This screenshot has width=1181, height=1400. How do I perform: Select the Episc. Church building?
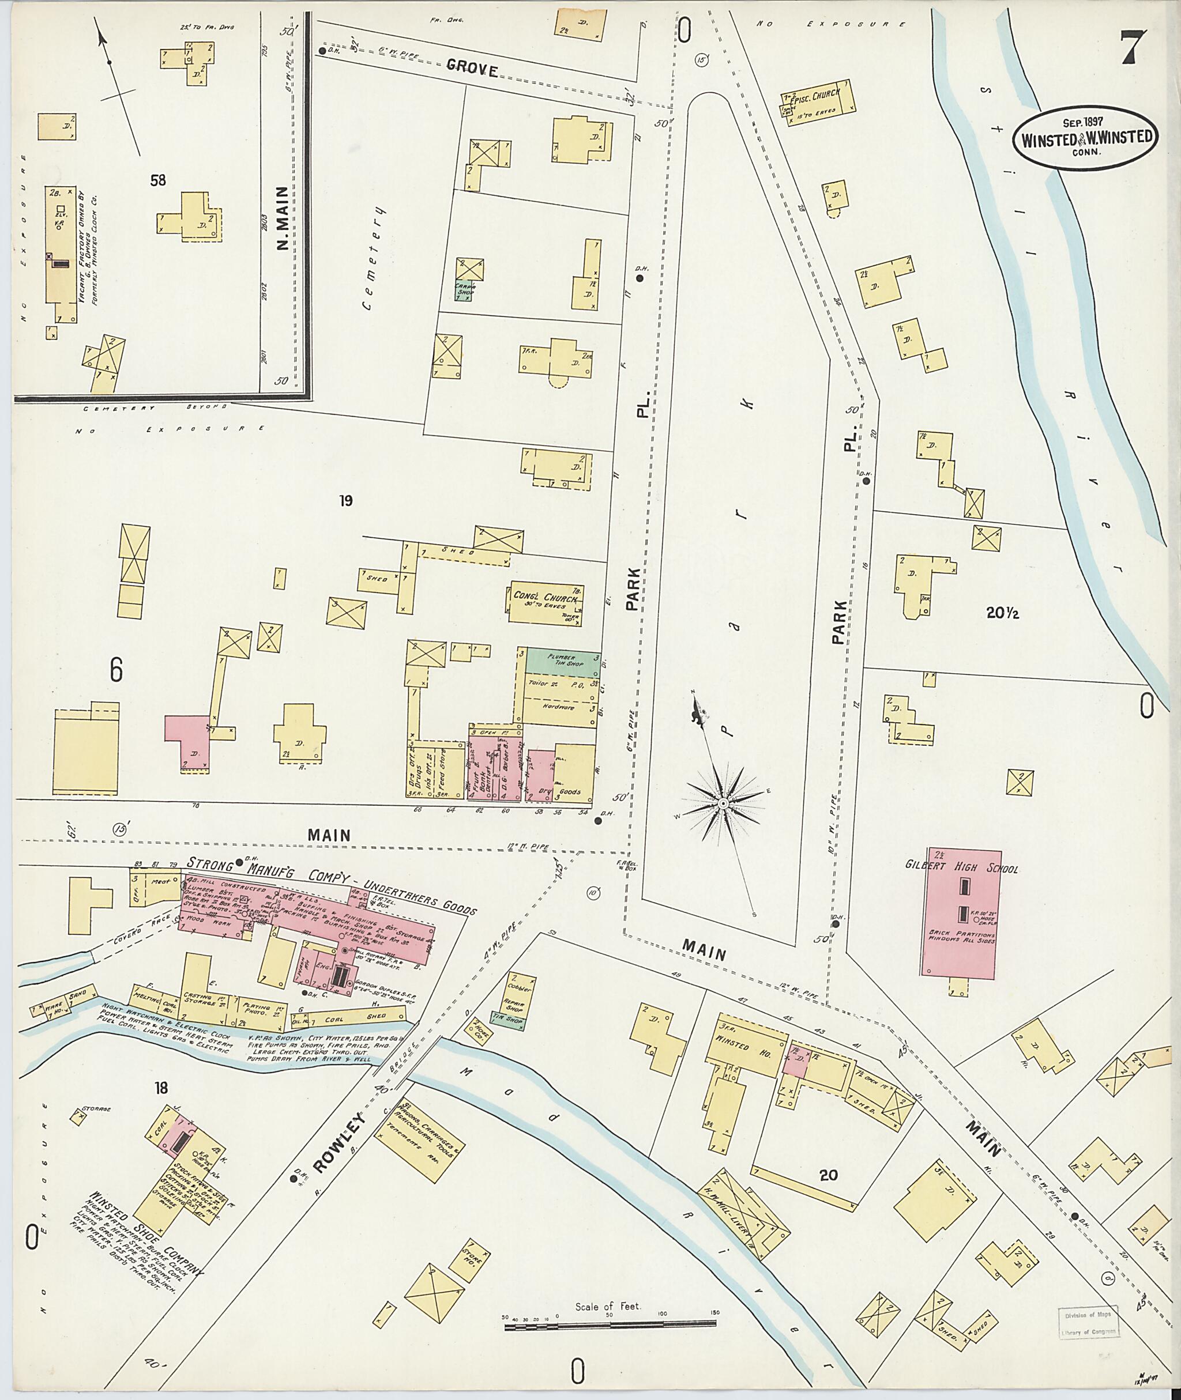pos(818,101)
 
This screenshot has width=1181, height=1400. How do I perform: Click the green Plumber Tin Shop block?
pos(562,661)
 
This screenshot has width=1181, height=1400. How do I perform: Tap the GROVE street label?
pos(472,70)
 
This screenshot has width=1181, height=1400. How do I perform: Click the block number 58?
pos(158,180)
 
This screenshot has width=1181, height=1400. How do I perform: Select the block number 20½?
pos(1002,612)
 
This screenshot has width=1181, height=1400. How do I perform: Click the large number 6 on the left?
pos(116,670)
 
